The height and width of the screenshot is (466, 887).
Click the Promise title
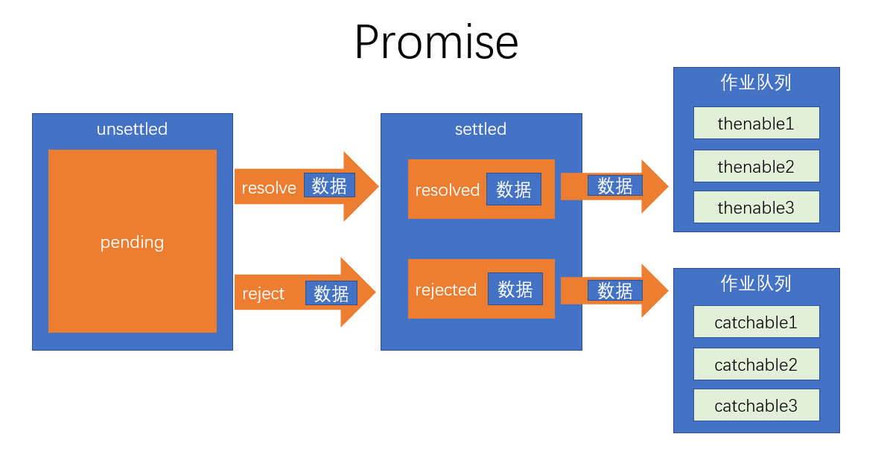(436, 42)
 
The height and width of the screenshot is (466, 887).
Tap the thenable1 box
(756, 123)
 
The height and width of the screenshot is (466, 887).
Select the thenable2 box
(756, 166)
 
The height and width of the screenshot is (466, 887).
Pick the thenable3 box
(756, 207)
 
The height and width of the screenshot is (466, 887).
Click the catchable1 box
(756, 322)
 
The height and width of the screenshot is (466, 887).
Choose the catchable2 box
(756, 364)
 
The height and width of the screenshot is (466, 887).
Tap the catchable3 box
(756, 405)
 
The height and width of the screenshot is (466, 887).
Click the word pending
(132, 242)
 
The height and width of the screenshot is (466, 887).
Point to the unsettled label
(132, 129)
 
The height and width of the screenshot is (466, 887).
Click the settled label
(480, 129)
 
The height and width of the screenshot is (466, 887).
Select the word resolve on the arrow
(269, 188)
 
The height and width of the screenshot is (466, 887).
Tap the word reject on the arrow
(264, 293)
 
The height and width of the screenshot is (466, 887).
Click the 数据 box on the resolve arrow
(329, 185)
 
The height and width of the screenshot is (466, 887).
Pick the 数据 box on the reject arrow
(331, 293)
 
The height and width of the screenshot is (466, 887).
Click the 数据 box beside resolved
(514, 189)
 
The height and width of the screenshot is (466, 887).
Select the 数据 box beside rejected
(515, 289)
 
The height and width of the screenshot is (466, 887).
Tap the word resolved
(447, 190)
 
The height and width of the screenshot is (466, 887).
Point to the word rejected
(446, 290)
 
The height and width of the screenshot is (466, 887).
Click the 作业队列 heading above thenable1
(756, 82)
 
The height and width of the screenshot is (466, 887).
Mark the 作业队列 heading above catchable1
(756, 283)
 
